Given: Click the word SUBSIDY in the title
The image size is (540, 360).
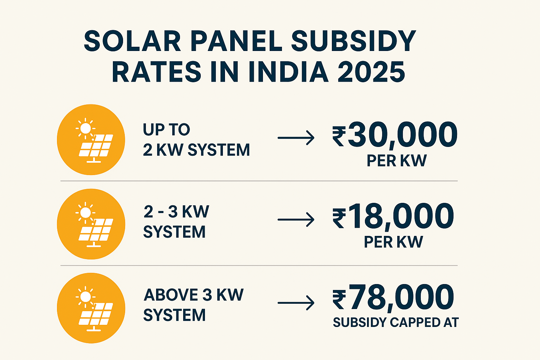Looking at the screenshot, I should [x=353, y=41].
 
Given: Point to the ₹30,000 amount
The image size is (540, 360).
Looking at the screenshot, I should [x=395, y=135].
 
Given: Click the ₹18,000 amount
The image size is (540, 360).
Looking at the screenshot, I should [x=393, y=217].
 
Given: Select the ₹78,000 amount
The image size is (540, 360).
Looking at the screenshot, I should [x=393, y=297].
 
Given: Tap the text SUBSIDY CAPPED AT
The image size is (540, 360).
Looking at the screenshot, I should [x=396, y=322].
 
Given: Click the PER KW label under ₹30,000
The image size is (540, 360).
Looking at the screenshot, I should [x=397, y=161].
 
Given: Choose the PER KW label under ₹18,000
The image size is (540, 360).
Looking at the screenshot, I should [x=393, y=242].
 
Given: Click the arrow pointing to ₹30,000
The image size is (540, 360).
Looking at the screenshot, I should [x=296, y=138].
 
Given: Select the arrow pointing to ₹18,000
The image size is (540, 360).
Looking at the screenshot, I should [x=296, y=220].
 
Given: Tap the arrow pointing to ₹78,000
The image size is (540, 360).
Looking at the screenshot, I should [x=296, y=303].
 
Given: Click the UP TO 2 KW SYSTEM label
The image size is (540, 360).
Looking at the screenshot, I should [x=196, y=140].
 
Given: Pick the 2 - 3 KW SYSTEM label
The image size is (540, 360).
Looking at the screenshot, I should [x=176, y=222].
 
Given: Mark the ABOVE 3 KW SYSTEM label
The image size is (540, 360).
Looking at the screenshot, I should [x=193, y=305].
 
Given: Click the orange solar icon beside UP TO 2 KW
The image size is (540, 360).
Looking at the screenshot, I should [x=91, y=140].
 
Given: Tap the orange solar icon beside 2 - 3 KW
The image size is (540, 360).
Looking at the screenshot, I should [x=91, y=224].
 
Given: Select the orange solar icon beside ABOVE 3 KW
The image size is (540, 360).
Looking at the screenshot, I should [x=91, y=308].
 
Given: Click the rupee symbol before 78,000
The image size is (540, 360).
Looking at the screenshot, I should [x=339, y=300].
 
